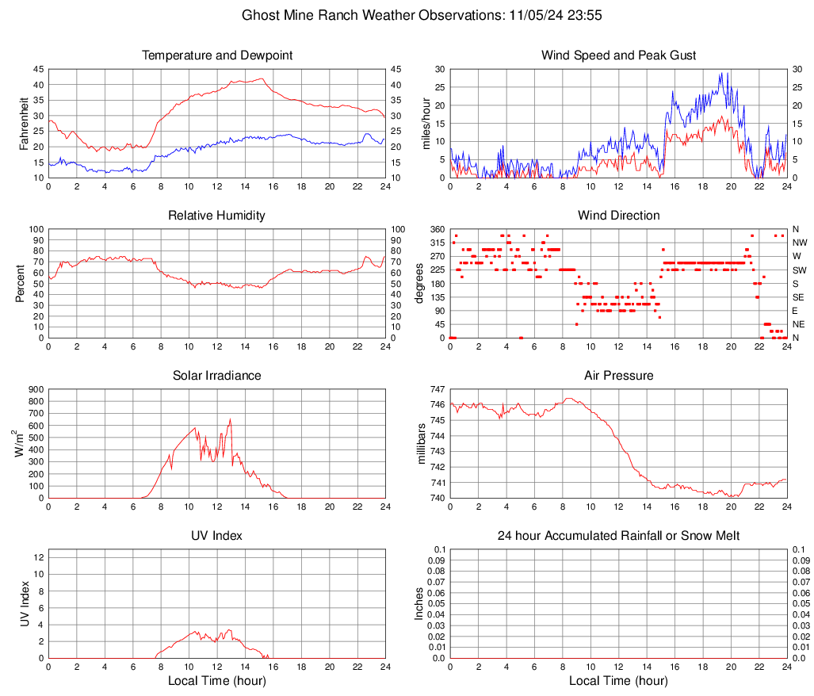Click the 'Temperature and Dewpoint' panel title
point(217,55)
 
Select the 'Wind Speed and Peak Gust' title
point(618,55)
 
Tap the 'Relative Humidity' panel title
point(217,216)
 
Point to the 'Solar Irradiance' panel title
point(217,376)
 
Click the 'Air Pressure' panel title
point(618,376)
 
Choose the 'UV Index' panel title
point(217,536)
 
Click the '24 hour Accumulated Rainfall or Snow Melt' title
point(618,536)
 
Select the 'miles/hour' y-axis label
point(425,123)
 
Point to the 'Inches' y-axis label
point(420,604)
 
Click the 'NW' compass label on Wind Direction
point(799,243)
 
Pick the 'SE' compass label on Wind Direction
point(798,297)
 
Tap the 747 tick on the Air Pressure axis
point(437,389)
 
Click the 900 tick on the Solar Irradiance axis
point(35,389)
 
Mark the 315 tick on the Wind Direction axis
point(437,243)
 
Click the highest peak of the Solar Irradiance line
point(230,419)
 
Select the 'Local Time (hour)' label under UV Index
point(217,681)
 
